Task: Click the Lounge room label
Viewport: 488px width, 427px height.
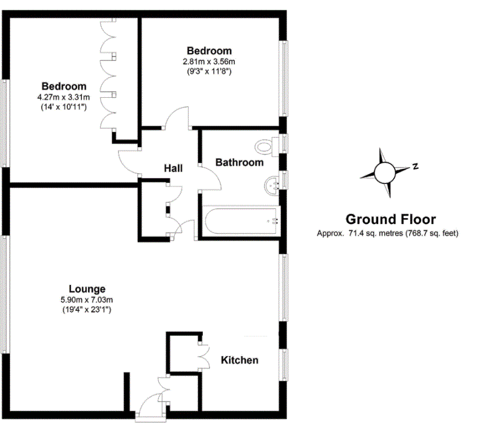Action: pyautogui.click(x=87, y=289)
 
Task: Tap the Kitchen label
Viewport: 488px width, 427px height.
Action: pyautogui.click(x=239, y=360)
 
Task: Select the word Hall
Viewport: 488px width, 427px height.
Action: pyautogui.click(x=173, y=168)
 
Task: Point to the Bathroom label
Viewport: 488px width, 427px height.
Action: pyautogui.click(x=239, y=162)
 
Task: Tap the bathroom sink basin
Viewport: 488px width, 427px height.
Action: pyautogui.click(x=272, y=186)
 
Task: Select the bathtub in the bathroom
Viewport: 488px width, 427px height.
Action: pyautogui.click(x=241, y=221)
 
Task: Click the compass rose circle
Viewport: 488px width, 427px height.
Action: pyautogui.click(x=385, y=173)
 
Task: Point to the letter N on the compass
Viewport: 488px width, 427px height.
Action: pyautogui.click(x=415, y=166)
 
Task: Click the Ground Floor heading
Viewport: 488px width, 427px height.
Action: pyautogui.click(x=391, y=219)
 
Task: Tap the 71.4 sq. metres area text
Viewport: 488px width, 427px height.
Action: pyautogui.click(x=376, y=233)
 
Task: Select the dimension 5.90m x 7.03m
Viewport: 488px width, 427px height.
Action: pyautogui.click(x=87, y=300)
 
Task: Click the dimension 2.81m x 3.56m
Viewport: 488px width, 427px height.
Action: pyautogui.click(x=209, y=61)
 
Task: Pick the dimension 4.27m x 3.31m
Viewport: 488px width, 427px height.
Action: pyautogui.click(x=64, y=97)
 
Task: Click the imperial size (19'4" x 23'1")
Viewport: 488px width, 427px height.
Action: pyautogui.click(x=87, y=310)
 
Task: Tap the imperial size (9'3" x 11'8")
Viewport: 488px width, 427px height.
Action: pyautogui.click(x=209, y=71)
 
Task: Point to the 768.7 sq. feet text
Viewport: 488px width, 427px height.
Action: pyautogui.click(x=432, y=233)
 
